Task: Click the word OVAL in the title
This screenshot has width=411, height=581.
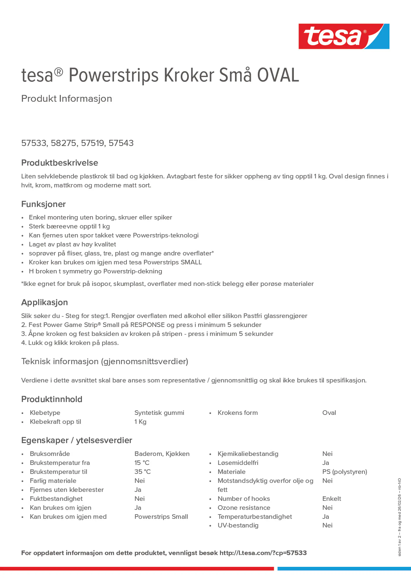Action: click(278, 75)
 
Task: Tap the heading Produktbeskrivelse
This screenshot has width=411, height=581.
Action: click(59, 163)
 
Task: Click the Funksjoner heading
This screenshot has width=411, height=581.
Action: click(43, 204)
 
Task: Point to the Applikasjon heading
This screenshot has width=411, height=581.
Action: click(45, 302)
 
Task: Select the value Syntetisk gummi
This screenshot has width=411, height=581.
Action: click(159, 412)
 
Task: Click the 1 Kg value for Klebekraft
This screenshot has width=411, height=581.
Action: click(140, 422)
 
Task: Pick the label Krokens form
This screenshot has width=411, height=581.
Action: click(237, 412)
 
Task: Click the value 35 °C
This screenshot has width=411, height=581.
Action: click(142, 472)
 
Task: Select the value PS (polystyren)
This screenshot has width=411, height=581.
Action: click(345, 472)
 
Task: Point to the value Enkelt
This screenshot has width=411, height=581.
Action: click(332, 499)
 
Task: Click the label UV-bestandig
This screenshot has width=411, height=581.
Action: click(238, 525)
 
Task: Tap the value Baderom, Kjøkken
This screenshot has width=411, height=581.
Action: click(162, 454)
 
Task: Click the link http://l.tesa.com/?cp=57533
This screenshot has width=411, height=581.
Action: click(263, 553)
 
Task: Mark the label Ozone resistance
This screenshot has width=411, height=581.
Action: click(244, 508)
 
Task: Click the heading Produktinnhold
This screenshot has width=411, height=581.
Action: click(52, 399)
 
